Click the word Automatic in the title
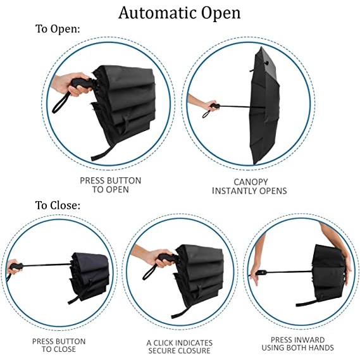[x=158, y=13]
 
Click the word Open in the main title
[x=221, y=14]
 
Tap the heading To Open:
[x=58, y=29]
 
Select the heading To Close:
[x=58, y=205]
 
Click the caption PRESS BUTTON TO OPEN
[x=111, y=185]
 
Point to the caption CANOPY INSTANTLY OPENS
[x=249, y=187]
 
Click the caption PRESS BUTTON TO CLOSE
[x=59, y=345]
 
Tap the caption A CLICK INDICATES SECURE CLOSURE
[x=179, y=347]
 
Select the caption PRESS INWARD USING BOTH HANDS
[x=297, y=344]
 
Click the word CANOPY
[x=251, y=182]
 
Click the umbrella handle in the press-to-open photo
[x=80, y=84]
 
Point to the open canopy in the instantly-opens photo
[x=264, y=106]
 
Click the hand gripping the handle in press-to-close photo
[x=13, y=267]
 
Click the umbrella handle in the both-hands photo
[x=261, y=273]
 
